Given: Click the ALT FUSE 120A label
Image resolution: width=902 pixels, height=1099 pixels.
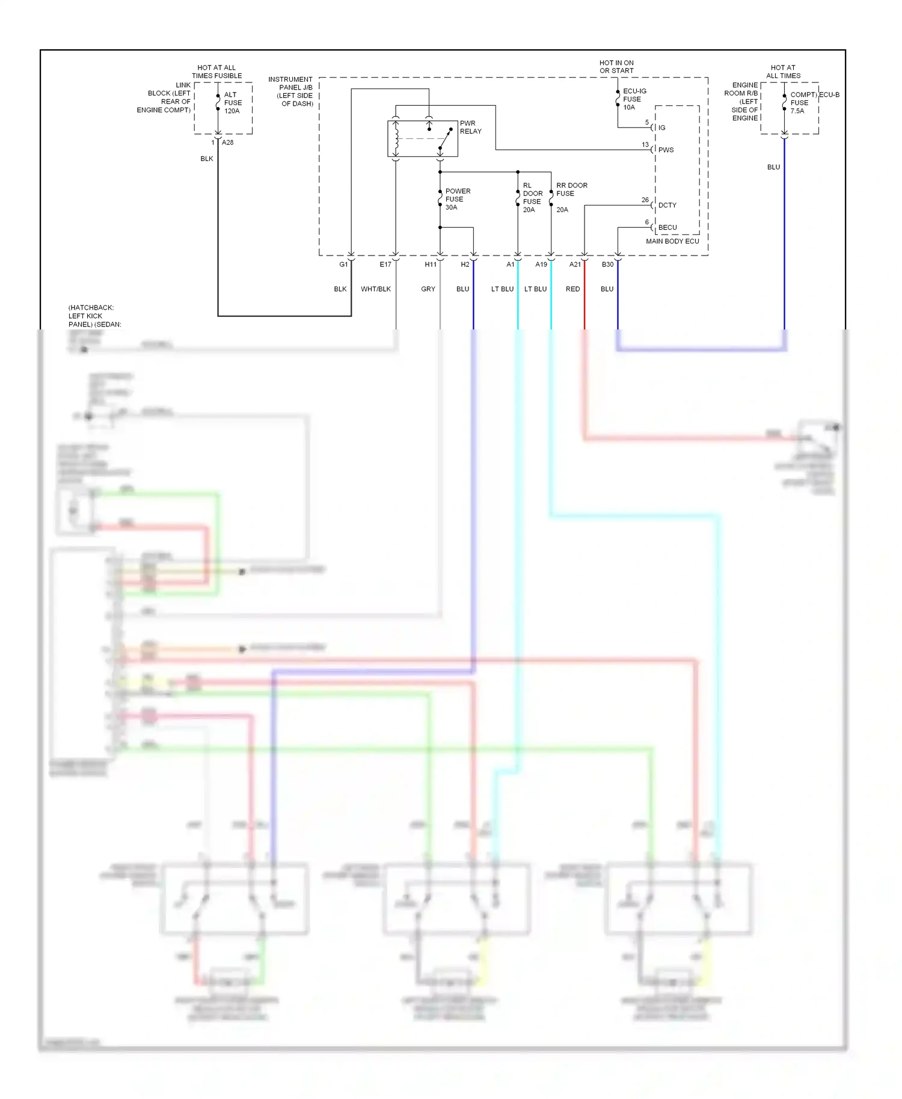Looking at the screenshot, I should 232,103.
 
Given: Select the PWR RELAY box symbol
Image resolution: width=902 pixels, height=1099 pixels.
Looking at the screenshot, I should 422,139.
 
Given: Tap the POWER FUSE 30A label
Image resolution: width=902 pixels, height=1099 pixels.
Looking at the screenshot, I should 457,199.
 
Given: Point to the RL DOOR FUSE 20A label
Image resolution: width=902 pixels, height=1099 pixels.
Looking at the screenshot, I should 532,198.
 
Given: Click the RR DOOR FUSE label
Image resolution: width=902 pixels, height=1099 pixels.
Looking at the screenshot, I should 571,189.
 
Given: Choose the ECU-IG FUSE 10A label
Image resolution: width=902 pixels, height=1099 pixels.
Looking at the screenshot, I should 634,99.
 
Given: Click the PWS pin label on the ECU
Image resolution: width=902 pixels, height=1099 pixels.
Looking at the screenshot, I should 666,150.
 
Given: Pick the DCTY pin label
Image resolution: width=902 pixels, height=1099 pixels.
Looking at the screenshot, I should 667,205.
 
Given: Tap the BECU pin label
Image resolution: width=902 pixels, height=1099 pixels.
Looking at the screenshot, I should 667,227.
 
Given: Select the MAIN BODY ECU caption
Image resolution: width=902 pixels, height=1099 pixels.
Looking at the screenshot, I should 672,241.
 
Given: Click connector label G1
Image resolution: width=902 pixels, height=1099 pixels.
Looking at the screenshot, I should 343,265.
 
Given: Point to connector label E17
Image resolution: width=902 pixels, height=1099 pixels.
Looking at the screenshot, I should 385,265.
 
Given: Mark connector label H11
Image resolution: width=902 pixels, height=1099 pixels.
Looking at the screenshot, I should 431,265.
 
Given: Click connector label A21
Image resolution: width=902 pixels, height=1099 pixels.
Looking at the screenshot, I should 575,265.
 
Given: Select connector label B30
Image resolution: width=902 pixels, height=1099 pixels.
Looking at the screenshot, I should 607,265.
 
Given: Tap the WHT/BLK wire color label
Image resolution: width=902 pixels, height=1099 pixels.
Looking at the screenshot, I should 376,289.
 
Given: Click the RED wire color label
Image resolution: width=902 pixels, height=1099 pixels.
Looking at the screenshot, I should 572,289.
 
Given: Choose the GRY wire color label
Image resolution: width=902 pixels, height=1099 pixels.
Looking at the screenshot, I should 428,289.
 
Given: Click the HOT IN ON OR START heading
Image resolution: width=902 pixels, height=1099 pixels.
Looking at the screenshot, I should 616,67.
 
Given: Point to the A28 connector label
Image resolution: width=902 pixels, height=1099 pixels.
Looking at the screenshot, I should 227,142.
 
